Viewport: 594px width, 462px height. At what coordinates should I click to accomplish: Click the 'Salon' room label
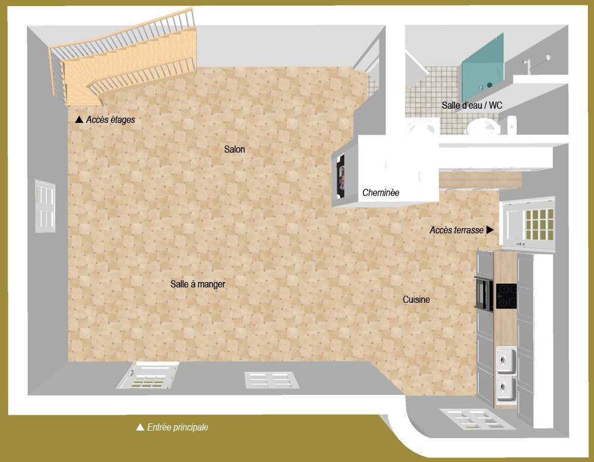click(235, 149)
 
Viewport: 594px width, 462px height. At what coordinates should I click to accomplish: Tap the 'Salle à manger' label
click(198, 284)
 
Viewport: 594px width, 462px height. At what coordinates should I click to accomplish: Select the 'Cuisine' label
click(416, 300)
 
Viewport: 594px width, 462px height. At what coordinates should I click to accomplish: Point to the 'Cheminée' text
click(381, 192)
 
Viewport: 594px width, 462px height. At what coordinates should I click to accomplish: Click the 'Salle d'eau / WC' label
click(472, 105)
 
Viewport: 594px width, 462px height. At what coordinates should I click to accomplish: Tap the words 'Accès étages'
click(110, 119)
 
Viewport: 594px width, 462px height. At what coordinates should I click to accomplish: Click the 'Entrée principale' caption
click(178, 427)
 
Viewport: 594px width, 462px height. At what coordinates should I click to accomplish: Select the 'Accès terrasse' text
click(456, 229)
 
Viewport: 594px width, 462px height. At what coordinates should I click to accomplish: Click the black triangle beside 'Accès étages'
click(79, 119)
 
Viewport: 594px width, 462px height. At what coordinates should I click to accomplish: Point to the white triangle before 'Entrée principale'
click(140, 427)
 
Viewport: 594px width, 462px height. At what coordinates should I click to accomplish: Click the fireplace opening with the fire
click(341, 176)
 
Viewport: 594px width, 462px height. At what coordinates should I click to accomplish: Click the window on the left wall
click(45, 205)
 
